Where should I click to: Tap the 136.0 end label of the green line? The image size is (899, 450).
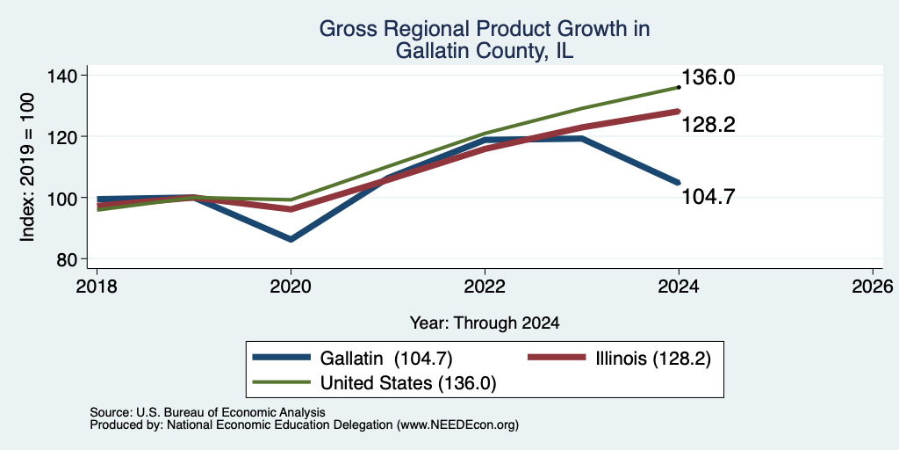(x=708, y=77)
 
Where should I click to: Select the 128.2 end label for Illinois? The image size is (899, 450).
(x=708, y=125)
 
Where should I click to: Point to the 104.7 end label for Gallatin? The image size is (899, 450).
(x=708, y=197)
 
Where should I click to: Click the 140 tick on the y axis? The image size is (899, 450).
(x=70, y=76)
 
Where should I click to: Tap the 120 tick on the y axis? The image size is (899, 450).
(x=70, y=136)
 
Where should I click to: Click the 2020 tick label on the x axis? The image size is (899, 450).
(x=291, y=286)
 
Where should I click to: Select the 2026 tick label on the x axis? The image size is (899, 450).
(x=873, y=286)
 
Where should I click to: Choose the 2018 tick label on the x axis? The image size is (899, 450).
(x=97, y=286)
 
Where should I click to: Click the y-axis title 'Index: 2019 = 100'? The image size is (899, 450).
(x=27, y=167)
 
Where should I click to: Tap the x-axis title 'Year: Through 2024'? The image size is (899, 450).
(x=485, y=323)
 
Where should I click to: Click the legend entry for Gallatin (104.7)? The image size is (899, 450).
(x=353, y=359)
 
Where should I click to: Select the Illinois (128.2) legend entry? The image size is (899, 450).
(x=619, y=359)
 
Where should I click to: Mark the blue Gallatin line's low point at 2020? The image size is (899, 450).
(x=291, y=239)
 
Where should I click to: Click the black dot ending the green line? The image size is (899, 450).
(x=679, y=87)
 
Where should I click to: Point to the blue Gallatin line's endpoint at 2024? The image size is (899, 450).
(x=679, y=183)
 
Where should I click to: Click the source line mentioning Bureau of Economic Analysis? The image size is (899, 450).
(x=207, y=412)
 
